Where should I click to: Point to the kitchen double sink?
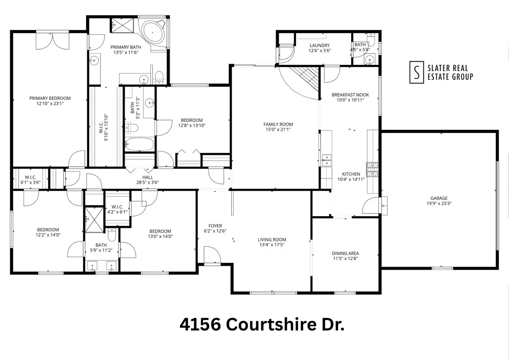pyautogui.click(x=327, y=160)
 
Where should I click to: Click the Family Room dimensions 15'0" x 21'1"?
pyautogui.click(x=278, y=130)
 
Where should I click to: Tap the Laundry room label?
pyautogui.click(x=319, y=45)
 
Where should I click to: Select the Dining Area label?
pyautogui.click(x=345, y=253)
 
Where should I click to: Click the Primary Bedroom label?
pyautogui.click(x=50, y=98)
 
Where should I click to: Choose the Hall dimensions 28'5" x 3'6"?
pyautogui.click(x=148, y=183)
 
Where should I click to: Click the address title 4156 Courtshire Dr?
pyautogui.click(x=262, y=325)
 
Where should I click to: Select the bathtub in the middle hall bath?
pyautogui.click(x=140, y=144)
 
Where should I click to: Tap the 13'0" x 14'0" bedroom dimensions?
pyautogui.click(x=160, y=236)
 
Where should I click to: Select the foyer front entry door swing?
pyautogui.click(x=211, y=256)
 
